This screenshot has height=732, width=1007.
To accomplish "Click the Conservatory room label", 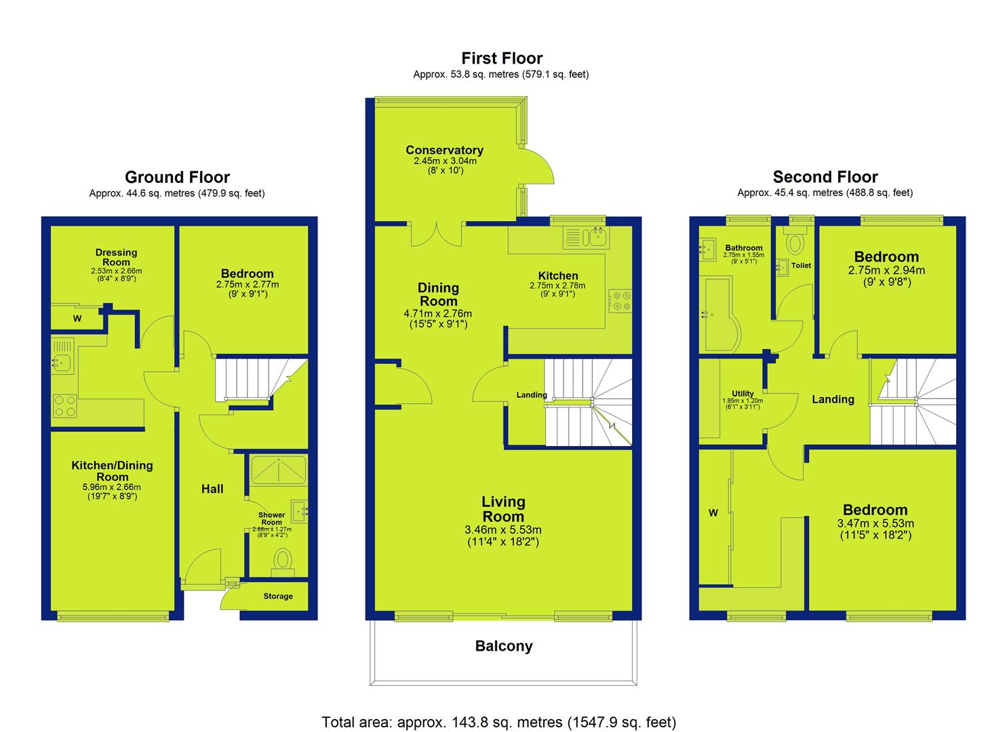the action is pyautogui.click(x=444, y=150).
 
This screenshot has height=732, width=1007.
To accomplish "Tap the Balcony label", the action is pyautogui.click(x=503, y=646).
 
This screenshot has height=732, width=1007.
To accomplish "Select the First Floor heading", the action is pyautogui.click(x=502, y=58).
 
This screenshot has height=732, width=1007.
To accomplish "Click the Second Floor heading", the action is pyautogui.click(x=825, y=177).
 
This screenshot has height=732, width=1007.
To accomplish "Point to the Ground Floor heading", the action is pyautogui.click(x=177, y=177).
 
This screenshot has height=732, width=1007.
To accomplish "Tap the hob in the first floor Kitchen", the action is pyautogui.click(x=620, y=301).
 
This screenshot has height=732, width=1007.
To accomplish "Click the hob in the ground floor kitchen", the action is pyautogui.click(x=64, y=406).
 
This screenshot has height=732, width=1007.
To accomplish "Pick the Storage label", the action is pyautogui.click(x=278, y=596).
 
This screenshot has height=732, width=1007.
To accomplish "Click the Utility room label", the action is pyautogui.click(x=743, y=394).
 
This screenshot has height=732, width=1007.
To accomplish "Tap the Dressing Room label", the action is pyautogui.click(x=116, y=257).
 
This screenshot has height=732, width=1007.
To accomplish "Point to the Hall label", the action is pyautogui.click(x=212, y=489).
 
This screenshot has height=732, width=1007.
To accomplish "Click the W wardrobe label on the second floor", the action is pyautogui.click(x=713, y=512).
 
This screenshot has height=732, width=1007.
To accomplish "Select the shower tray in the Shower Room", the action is pyautogui.click(x=278, y=470).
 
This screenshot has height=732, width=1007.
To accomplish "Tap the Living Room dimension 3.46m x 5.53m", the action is pyautogui.click(x=503, y=530).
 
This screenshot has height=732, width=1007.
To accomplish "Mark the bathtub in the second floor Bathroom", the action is pyautogui.click(x=720, y=313).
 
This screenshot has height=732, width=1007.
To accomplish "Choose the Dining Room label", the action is pyautogui.click(x=438, y=294).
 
